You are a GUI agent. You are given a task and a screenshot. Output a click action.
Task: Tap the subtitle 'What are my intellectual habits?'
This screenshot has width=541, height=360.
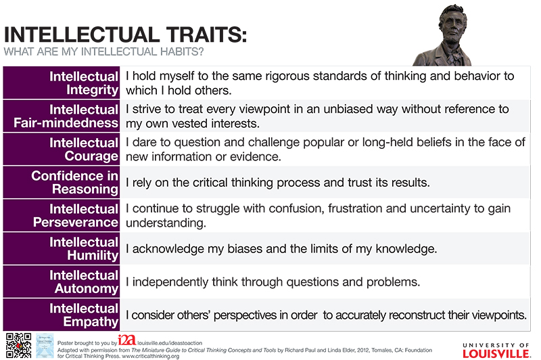(104, 52)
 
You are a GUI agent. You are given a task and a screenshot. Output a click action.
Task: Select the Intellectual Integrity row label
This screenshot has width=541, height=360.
(84, 83)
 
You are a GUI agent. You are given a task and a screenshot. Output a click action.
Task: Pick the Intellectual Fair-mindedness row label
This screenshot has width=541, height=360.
(66, 116)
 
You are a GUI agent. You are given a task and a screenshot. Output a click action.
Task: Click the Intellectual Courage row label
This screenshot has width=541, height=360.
(84, 149)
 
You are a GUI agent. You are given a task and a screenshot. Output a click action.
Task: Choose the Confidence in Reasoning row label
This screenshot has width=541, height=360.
(75, 182)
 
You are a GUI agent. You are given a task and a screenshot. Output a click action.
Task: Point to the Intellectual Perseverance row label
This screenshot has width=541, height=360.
(76, 215)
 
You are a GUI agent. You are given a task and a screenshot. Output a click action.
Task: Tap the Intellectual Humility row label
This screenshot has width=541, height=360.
(84, 248)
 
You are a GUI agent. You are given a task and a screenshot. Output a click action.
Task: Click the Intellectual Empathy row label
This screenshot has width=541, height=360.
(84, 315)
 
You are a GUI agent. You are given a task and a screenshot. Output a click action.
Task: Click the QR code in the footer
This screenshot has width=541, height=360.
(19, 345)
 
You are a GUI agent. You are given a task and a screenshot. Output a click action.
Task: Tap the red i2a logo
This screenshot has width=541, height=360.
(127, 340)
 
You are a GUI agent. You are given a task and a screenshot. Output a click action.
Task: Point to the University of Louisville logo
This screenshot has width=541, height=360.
(496, 351)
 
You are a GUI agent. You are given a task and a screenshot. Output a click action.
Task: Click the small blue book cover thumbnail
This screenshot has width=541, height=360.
(45, 345)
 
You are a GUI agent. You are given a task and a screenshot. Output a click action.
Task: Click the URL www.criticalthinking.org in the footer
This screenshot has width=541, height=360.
(150, 356)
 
